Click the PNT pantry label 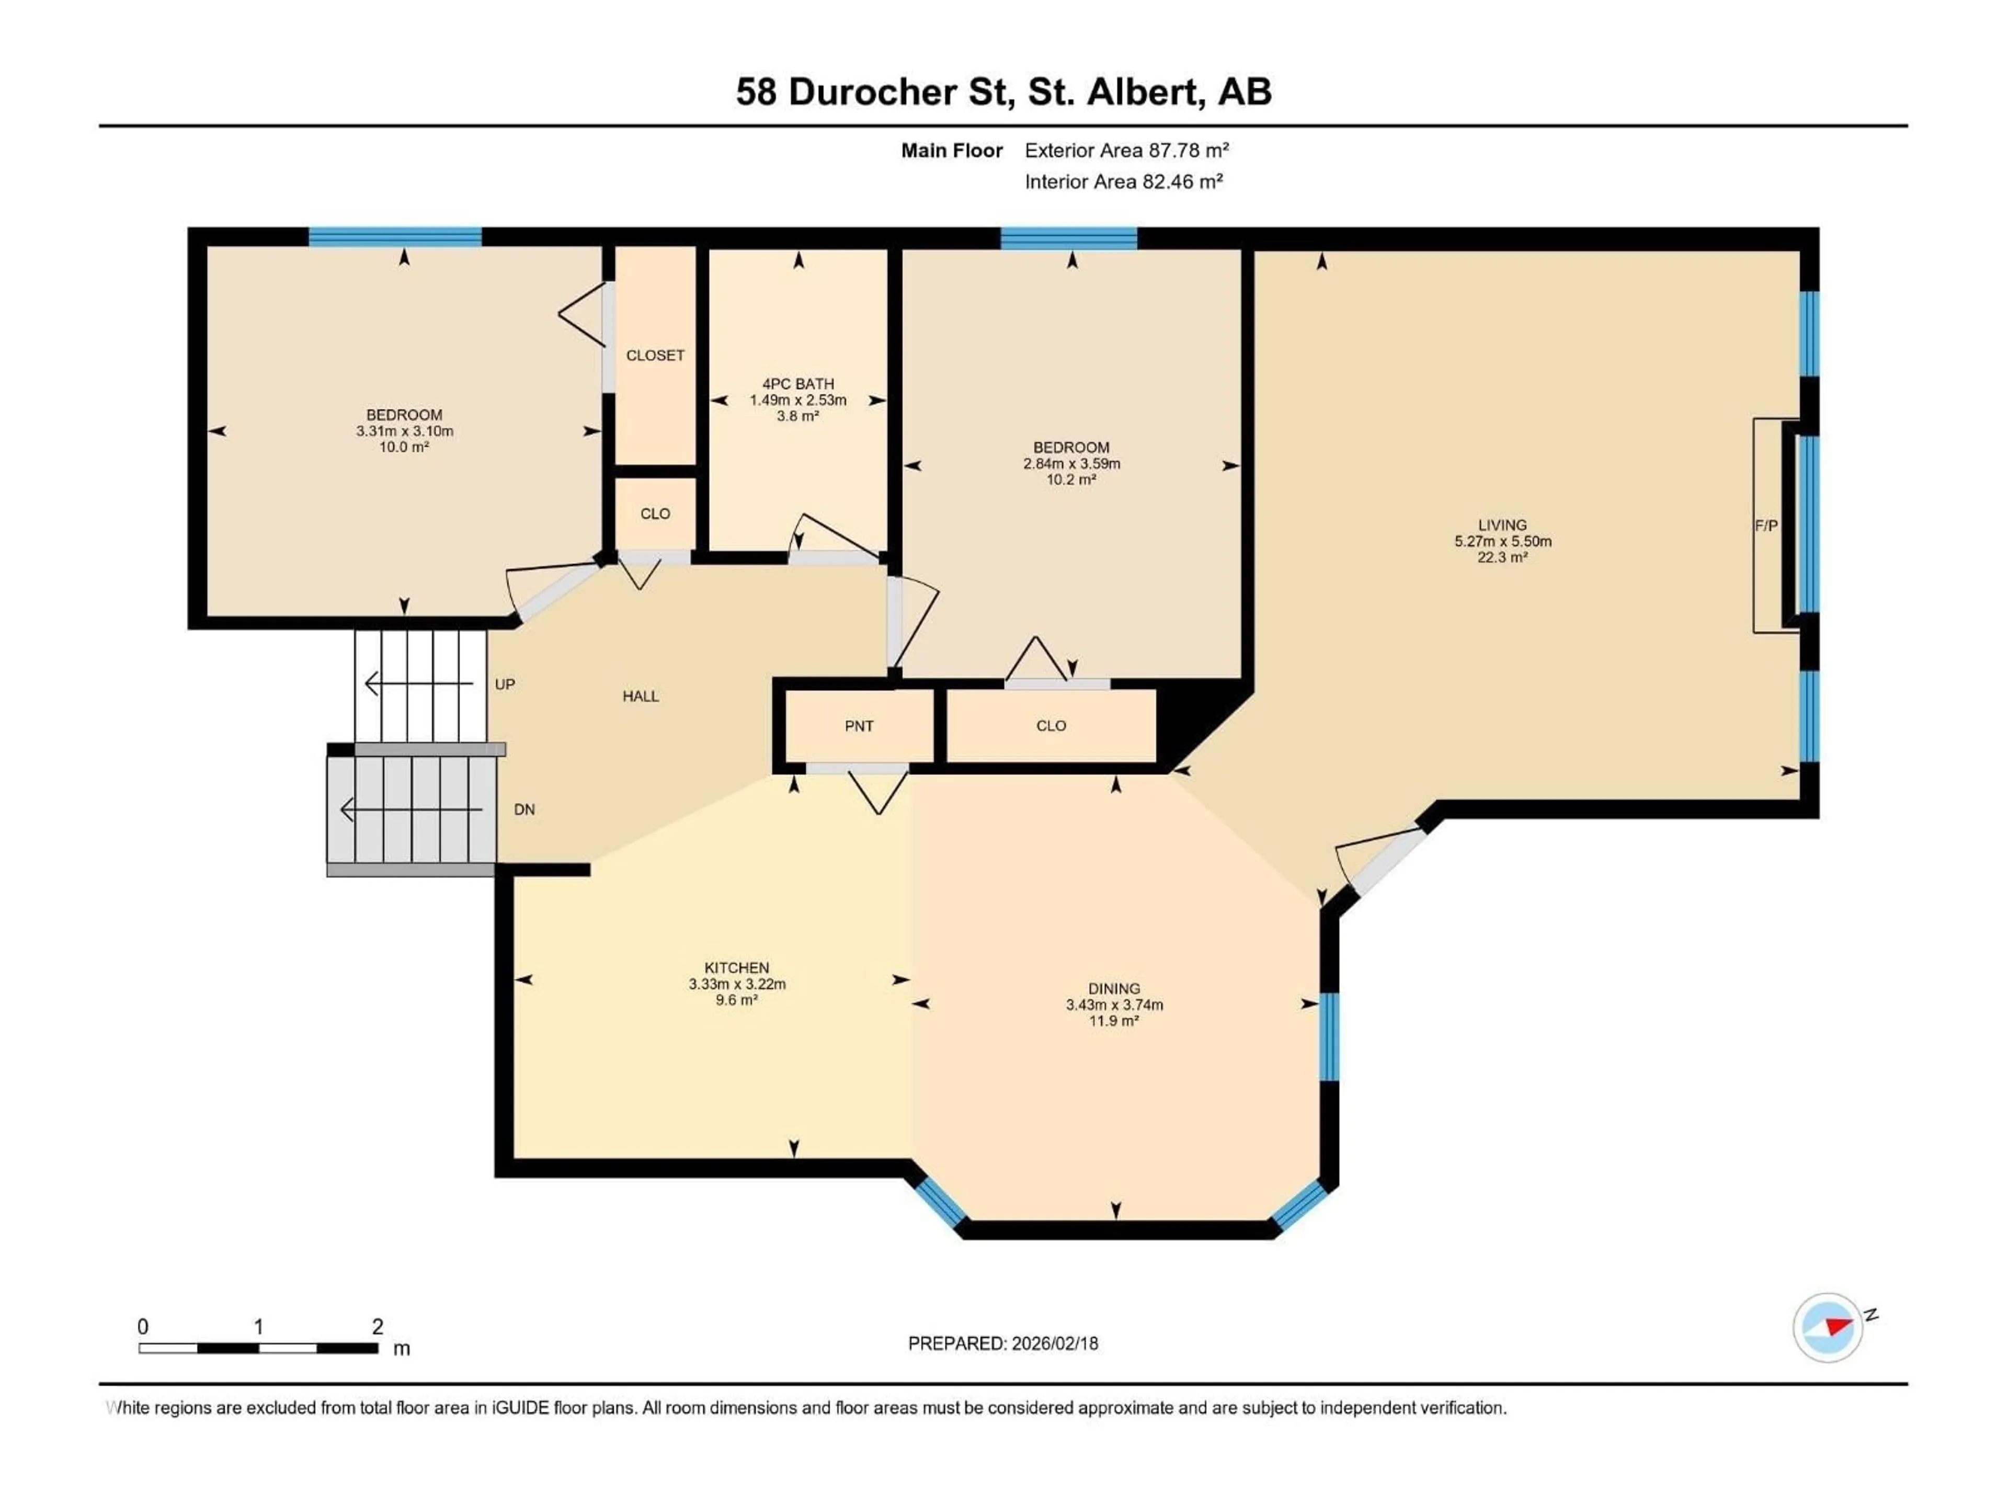[x=859, y=726]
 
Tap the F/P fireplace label [x=1765, y=526]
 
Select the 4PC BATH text [x=798, y=384]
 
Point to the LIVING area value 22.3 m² [x=1502, y=557]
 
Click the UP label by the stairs [x=505, y=684]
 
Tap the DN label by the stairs [x=524, y=809]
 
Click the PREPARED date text [x=1003, y=1343]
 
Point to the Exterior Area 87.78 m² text [x=1126, y=151]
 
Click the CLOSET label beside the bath [x=655, y=356]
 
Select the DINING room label [x=1114, y=988]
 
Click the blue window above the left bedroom [x=395, y=237]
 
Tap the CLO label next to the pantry [x=1051, y=726]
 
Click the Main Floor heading [x=951, y=151]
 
